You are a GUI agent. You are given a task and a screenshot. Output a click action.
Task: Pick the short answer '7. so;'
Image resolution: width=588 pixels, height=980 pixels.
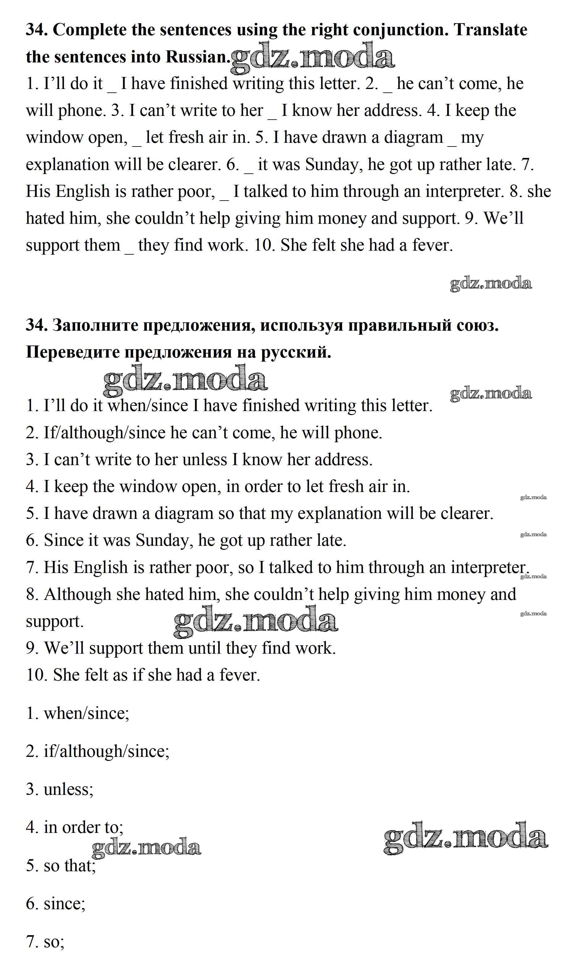click(45, 942)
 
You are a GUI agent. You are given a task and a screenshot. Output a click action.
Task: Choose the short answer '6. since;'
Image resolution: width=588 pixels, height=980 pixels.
click(56, 904)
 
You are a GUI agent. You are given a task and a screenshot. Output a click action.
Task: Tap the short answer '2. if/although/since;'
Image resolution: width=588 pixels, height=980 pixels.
click(97, 752)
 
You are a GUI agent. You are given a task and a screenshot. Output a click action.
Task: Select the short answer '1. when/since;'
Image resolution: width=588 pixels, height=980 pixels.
click(78, 714)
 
